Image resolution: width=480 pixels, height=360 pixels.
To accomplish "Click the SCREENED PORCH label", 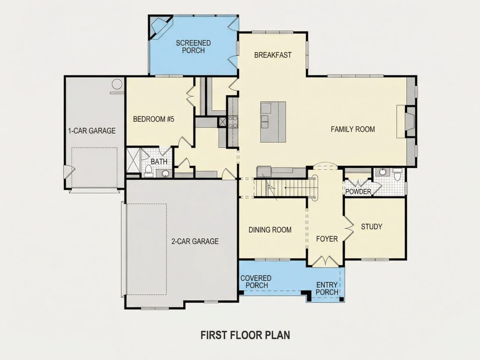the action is (x=193, y=47).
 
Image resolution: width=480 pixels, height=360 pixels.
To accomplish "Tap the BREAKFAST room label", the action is (x=273, y=55).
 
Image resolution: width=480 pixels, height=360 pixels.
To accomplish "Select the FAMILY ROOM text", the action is (x=353, y=129).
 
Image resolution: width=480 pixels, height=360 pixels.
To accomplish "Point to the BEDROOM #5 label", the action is (x=154, y=119).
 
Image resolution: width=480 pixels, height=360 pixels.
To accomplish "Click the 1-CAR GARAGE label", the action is (x=92, y=131).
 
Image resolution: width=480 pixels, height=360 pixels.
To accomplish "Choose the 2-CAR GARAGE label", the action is (x=195, y=242).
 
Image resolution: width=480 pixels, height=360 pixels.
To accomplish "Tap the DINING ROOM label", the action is (x=270, y=230).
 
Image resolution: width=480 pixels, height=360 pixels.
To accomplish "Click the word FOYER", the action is (x=327, y=239).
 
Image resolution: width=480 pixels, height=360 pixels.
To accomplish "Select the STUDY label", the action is (x=371, y=226).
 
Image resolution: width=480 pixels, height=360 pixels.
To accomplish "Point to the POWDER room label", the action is (x=358, y=192).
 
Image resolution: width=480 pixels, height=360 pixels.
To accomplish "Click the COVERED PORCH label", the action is (x=256, y=281).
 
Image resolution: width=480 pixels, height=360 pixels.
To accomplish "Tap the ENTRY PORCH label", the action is (x=327, y=289).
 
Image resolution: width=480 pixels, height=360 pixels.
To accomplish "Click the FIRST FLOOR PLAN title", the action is (x=245, y=335).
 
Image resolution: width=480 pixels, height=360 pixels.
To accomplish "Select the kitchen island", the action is (x=273, y=122).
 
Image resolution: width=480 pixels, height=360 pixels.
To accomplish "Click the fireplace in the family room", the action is (x=410, y=122).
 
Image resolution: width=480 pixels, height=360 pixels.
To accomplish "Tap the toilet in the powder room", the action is (x=398, y=175).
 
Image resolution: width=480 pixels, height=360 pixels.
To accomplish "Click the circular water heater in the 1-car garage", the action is (x=117, y=84).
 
